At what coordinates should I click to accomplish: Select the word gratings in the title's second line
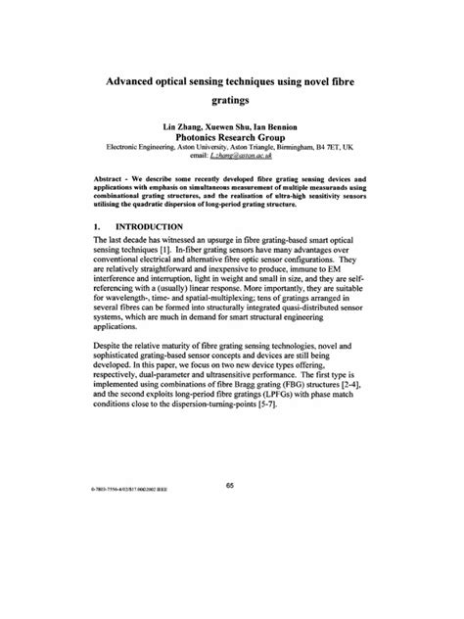(232, 100)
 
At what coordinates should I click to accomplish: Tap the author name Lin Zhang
(170, 127)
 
